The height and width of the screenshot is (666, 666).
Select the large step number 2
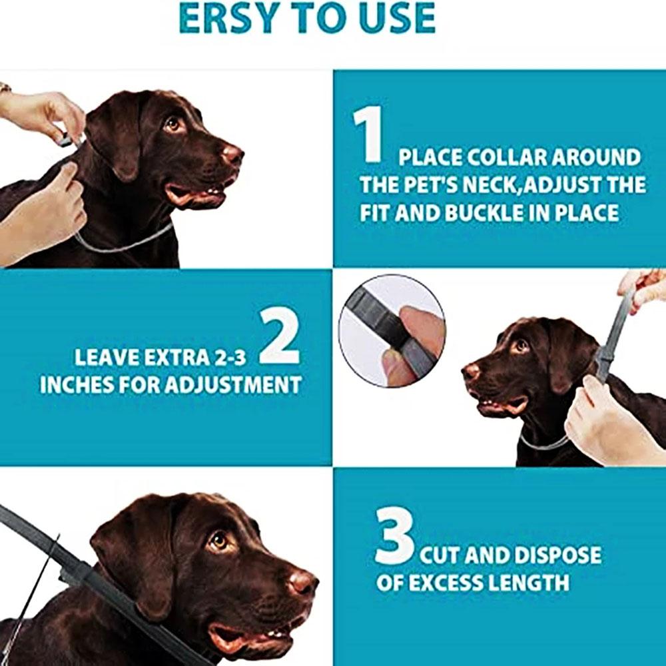[279, 337]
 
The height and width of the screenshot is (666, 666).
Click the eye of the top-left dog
[173, 123]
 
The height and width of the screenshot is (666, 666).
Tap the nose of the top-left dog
[233, 155]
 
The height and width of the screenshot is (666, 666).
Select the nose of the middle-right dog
[471, 371]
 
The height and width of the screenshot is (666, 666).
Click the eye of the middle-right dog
[520, 346]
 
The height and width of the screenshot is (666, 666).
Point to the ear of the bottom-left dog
[130, 553]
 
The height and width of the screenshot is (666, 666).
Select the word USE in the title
[396, 18]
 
